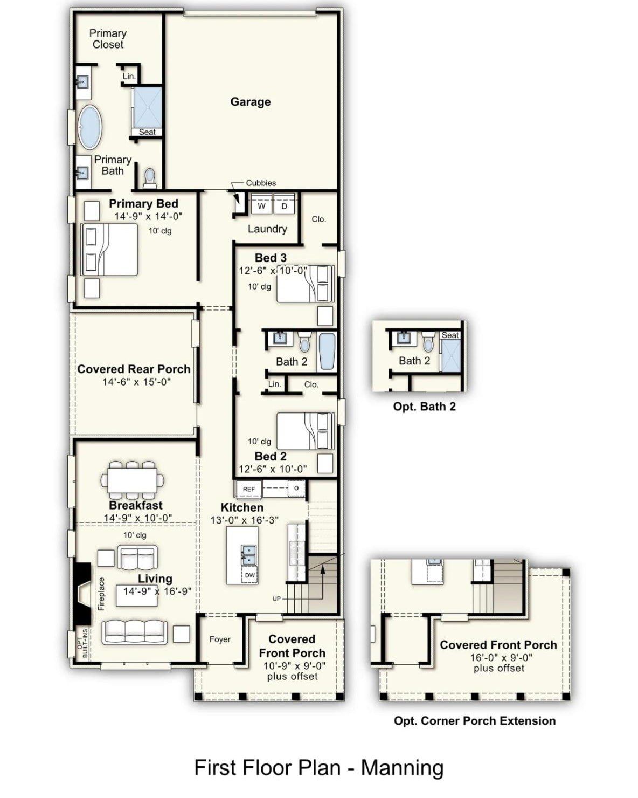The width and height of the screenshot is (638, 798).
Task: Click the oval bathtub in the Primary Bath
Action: [x=90, y=127]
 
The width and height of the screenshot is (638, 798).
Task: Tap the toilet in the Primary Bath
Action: [x=149, y=177]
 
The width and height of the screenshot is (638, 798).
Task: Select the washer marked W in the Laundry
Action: [x=261, y=206]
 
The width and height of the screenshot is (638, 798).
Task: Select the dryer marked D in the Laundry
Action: [x=284, y=206]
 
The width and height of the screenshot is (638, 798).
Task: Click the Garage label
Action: [x=250, y=102]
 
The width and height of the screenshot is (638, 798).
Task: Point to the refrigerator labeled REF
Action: [x=248, y=489]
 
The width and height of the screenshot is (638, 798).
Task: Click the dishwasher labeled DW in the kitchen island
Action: [x=249, y=575]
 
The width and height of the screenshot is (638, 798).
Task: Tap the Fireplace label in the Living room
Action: [x=101, y=594]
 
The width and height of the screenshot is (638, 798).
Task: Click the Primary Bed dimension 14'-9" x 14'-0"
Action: [x=148, y=216]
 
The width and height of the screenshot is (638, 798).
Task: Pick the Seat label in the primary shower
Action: [x=147, y=132]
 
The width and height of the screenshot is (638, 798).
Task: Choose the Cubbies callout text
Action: [x=261, y=183]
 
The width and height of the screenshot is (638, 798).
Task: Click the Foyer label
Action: [x=220, y=639]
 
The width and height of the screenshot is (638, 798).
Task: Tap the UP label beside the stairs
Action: [x=276, y=598]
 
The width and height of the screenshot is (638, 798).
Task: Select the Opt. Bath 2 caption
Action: [x=424, y=407]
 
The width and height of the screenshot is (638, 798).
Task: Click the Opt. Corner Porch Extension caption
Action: [x=474, y=721]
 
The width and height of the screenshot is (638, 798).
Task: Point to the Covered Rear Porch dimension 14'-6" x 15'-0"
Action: [x=136, y=382]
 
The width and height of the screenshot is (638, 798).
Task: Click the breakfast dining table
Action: [x=132, y=479]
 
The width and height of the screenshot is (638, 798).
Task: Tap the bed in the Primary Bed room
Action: [x=110, y=250]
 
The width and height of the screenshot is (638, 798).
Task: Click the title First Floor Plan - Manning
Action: [x=318, y=767]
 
